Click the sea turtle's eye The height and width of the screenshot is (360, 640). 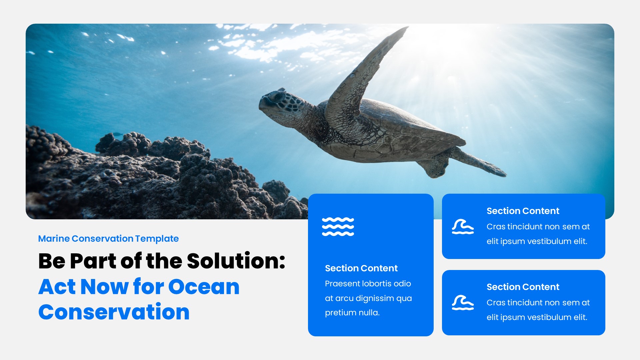(276, 97)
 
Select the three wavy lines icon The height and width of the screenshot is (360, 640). (338, 227)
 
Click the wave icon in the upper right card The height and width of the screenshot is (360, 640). (463, 227)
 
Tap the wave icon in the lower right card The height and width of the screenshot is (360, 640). (463, 303)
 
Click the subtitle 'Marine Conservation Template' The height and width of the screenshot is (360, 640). (108, 239)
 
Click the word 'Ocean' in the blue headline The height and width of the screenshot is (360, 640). (204, 287)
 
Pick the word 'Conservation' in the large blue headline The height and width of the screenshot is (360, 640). (114, 312)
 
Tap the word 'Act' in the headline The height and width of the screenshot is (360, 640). (57, 287)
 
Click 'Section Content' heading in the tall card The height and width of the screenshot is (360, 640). (361, 268)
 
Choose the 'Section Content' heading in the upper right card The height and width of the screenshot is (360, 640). (523, 211)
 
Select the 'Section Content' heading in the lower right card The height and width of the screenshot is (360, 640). (523, 287)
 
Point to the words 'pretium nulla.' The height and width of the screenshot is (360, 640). (352, 313)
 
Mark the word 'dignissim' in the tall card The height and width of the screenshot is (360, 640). (374, 298)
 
